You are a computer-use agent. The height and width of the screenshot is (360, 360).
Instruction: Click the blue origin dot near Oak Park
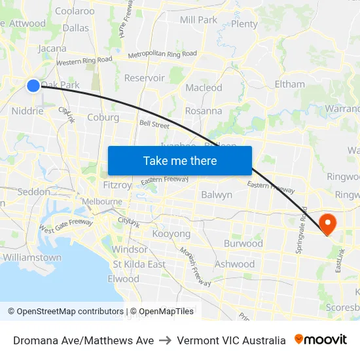point(33,85)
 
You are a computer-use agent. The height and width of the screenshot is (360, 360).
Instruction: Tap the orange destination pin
point(325,223)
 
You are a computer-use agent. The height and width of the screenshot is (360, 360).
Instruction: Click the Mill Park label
point(198,20)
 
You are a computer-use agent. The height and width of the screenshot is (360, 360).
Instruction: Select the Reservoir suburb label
point(145,77)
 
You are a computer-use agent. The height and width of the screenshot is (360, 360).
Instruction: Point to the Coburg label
point(103,118)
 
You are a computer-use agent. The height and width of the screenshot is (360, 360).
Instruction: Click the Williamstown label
point(32,257)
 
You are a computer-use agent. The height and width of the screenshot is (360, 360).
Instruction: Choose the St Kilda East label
point(139,264)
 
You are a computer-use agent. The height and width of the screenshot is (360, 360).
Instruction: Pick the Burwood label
point(243,243)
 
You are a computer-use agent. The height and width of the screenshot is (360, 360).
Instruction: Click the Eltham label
point(289,84)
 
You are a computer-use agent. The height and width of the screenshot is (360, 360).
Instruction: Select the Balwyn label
point(217,194)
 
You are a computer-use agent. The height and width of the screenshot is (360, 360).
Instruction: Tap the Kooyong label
point(171,234)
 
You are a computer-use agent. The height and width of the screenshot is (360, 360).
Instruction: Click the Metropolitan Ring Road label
point(162,55)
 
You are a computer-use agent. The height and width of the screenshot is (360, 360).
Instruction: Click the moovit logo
point(321,340)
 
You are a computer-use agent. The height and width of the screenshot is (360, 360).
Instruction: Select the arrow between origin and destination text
point(166,340)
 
